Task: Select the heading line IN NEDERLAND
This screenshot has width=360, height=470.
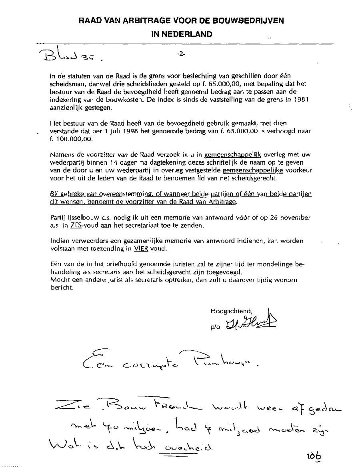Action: pos(182,34)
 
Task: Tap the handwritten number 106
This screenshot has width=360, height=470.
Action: pos(315,456)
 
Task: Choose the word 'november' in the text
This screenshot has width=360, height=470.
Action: pos(296,218)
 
